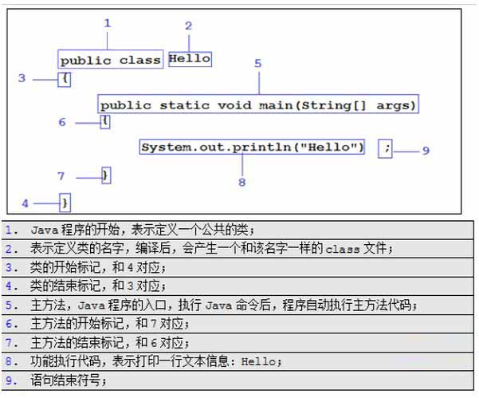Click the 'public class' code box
tap(111, 60)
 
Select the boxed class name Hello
tap(190, 58)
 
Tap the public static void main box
tap(258, 104)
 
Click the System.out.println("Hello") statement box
tap(253, 148)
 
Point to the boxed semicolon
tap(386, 148)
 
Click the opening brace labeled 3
tap(65, 78)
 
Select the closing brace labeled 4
tap(65, 203)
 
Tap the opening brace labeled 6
tap(105, 122)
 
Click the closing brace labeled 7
tap(106, 175)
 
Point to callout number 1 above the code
tap(108, 23)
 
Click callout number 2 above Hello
tap(188, 26)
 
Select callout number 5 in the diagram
tap(258, 63)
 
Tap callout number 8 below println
tap(242, 182)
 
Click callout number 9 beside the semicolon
tap(426, 150)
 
